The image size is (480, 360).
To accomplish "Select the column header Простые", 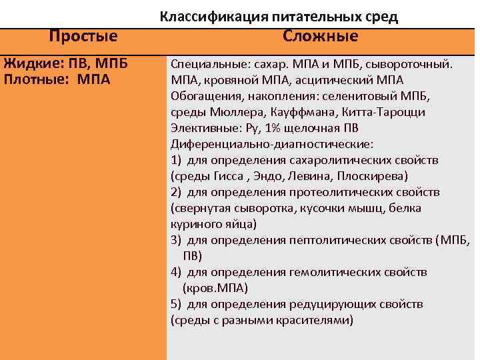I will point(83,36).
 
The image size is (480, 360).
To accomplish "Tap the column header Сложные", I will point(320,36).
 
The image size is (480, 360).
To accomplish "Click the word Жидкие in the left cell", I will point(27,65).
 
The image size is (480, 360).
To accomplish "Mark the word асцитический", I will point(329,80).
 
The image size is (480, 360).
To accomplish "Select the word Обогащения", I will point(202,96).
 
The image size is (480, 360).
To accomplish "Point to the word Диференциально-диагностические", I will point(271,144).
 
